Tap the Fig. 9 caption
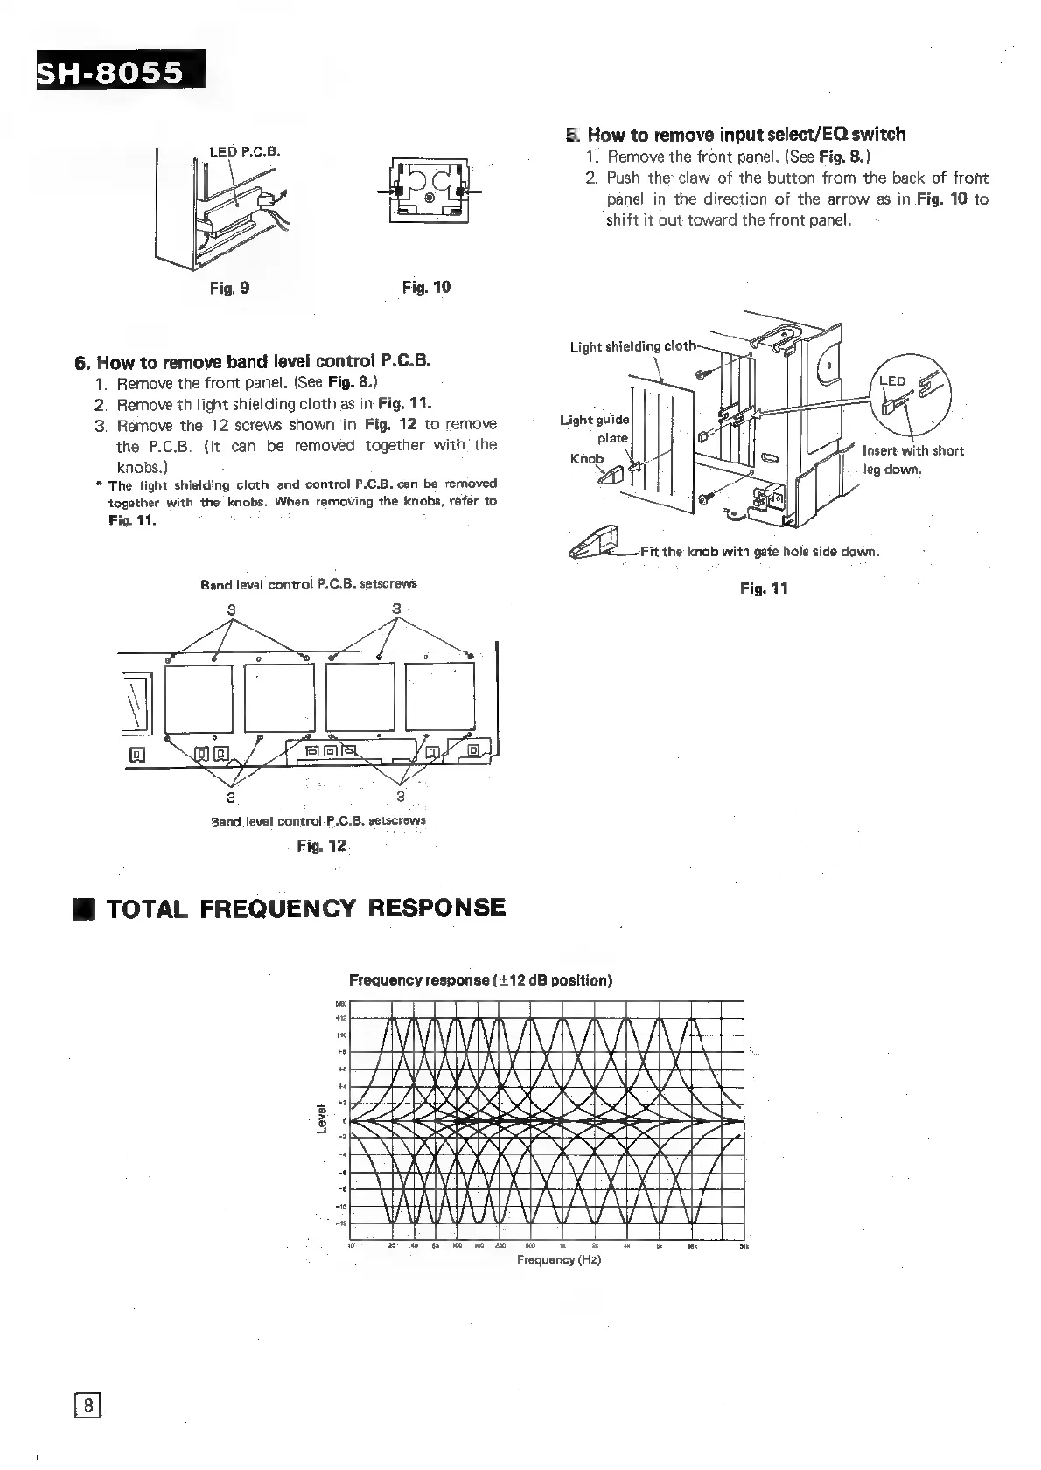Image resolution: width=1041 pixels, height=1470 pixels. click(229, 288)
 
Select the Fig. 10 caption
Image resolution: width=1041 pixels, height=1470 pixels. click(426, 287)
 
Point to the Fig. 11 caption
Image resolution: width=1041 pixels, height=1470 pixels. click(764, 589)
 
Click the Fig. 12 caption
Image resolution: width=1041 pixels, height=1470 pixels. click(322, 846)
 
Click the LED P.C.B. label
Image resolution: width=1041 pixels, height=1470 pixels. click(244, 150)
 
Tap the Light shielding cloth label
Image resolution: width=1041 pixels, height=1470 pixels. click(632, 346)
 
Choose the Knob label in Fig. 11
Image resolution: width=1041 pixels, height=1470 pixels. click(586, 458)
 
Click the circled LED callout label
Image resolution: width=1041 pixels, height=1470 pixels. click(892, 380)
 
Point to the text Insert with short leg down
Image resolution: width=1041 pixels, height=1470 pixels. click(912, 460)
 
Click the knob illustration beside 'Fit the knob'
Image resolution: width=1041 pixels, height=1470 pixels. click(595, 544)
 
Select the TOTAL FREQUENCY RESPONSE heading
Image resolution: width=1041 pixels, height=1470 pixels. click(305, 908)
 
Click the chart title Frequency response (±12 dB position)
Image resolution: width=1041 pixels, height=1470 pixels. click(480, 980)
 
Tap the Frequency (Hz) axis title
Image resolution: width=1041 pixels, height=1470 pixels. click(558, 1260)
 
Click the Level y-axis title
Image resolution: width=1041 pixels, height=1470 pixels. click(321, 1120)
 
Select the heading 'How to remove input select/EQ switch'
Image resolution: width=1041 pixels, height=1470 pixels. click(746, 135)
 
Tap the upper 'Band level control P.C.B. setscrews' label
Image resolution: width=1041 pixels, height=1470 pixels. click(309, 583)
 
